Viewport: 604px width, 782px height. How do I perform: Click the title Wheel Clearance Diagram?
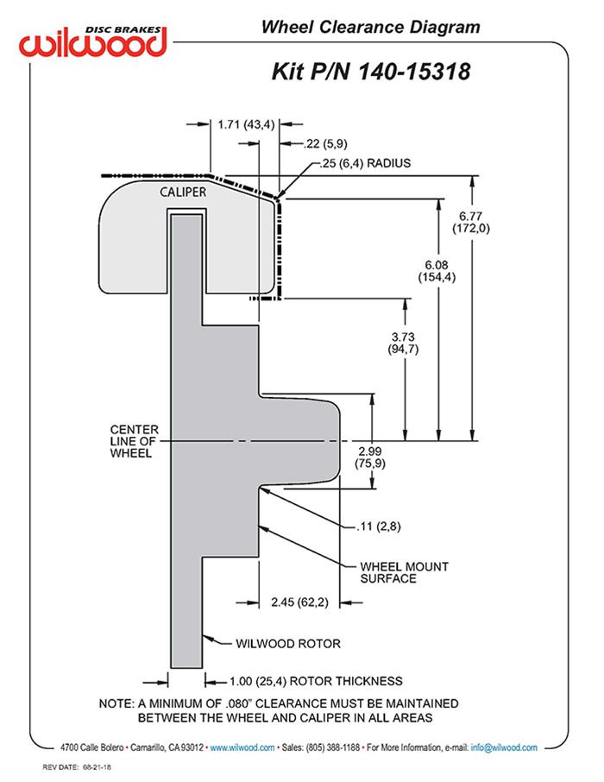pyautogui.click(x=371, y=28)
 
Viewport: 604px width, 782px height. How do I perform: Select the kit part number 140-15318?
pyautogui.click(x=371, y=71)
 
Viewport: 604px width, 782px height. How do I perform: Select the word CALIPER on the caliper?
pyautogui.click(x=182, y=192)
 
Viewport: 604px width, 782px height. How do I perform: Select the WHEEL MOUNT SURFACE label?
pyautogui.click(x=393, y=572)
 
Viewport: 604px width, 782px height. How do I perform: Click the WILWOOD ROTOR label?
pyautogui.click(x=288, y=643)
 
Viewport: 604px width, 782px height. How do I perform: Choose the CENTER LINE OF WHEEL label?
pyautogui.click(x=131, y=441)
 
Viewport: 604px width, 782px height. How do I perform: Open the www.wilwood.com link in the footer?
pyautogui.click(x=242, y=747)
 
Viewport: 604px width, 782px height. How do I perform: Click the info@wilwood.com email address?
pyautogui.click(x=504, y=747)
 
